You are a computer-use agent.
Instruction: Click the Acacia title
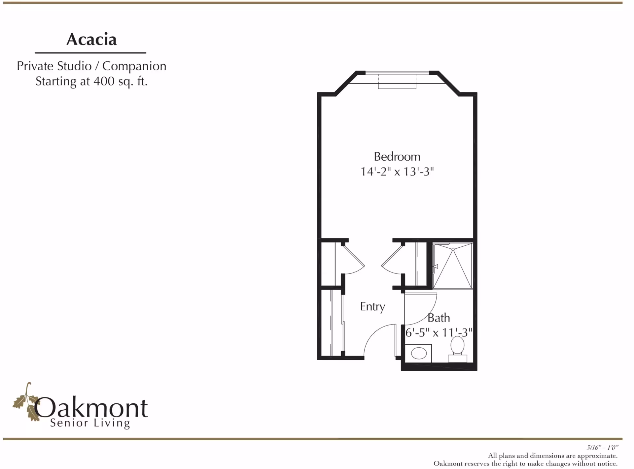point(91,40)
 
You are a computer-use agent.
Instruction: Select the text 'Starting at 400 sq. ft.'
point(91,81)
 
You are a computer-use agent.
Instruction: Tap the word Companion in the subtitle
point(134,66)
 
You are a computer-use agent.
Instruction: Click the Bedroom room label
point(397,156)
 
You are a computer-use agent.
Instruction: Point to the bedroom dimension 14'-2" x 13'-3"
point(397,171)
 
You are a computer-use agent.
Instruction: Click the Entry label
point(372,306)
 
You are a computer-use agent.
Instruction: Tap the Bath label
point(439,318)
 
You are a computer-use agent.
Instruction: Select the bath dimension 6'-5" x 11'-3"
point(439,332)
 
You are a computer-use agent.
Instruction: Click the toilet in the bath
point(457,349)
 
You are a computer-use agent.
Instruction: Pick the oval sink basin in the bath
point(419,353)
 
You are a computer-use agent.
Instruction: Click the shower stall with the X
point(453,266)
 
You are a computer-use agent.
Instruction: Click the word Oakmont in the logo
point(91,408)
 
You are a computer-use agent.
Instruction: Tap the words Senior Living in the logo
point(90,423)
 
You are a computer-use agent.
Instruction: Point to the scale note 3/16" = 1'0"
point(602,448)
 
